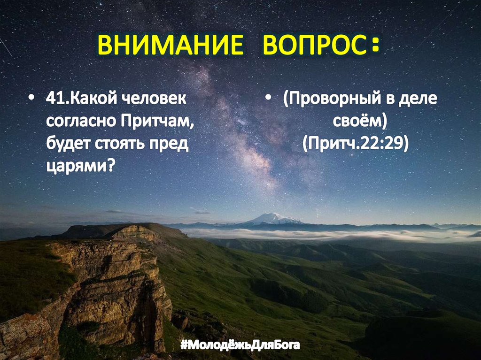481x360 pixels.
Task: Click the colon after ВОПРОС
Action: click(x=374, y=46)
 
